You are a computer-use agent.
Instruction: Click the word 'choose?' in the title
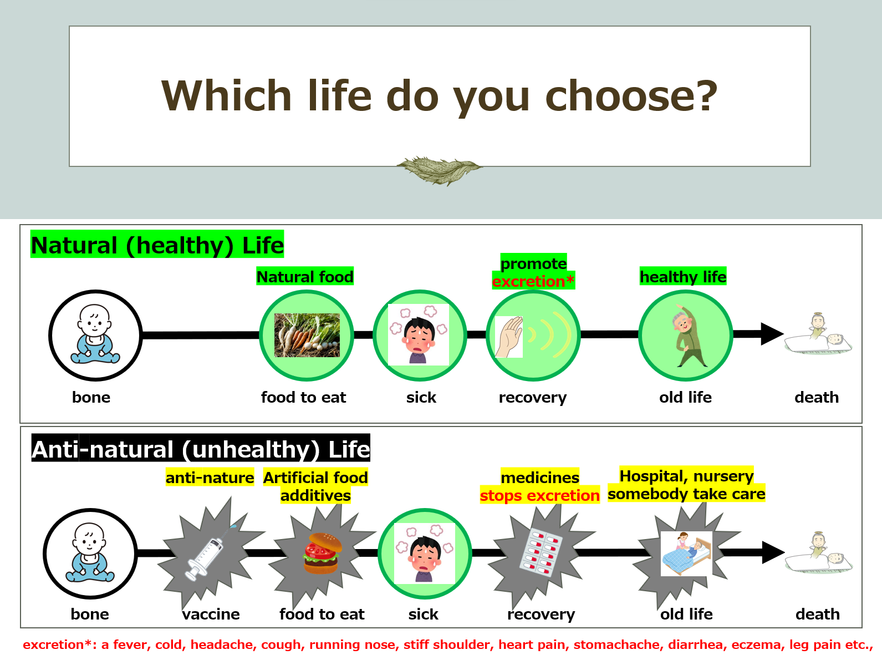point(631,96)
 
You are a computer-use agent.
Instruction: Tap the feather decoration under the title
point(439,170)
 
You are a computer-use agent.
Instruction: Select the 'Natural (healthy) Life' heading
point(157,245)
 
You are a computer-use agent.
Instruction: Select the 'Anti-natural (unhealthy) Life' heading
point(201,448)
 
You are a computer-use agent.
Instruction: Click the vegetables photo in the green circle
point(307,335)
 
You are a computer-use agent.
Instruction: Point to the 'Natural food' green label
point(305,277)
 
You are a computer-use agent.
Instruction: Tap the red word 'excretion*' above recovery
point(533,281)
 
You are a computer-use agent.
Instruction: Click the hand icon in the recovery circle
point(509,337)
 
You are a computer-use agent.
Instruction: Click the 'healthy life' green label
point(683,277)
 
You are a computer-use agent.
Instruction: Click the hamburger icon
point(322,554)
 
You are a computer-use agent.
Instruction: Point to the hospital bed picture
point(686,554)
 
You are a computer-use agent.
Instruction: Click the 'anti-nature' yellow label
point(210,477)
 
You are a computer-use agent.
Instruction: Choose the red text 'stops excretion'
point(539,495)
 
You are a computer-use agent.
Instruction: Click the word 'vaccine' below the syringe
point(211,614)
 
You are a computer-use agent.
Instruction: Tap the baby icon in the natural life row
point(95,334)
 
